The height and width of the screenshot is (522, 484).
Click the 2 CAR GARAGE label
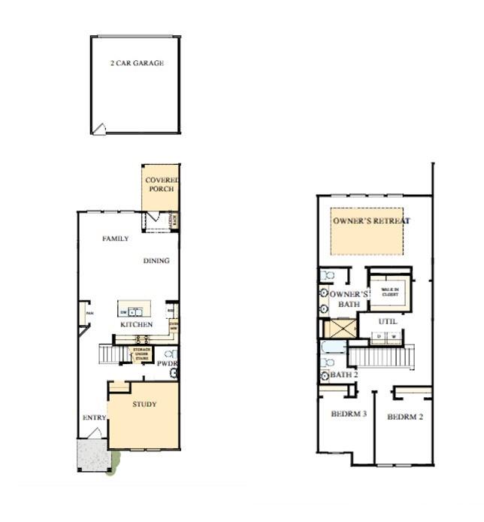tap(137, 63)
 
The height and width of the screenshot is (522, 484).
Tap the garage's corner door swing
tap(98, 129)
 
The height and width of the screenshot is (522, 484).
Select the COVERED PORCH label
tap(162, 184)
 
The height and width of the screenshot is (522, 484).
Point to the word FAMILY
tap(115, 238)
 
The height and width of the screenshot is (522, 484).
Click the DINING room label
tap(156, 261)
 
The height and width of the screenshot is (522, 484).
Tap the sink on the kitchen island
tap(133, 311)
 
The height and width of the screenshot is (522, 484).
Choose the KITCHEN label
tap(136, 325)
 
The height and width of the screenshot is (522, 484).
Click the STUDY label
tap(144, 405)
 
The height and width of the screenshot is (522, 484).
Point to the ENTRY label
tap(93, 418)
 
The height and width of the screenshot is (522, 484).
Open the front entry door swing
tap(95, 433)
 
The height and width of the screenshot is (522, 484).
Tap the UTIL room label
tap(388, 321)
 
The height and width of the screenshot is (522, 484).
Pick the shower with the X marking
tap(339, 329)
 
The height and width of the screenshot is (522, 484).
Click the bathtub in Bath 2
tap(334, 347)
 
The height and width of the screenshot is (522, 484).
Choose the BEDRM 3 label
tap(348, 414)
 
